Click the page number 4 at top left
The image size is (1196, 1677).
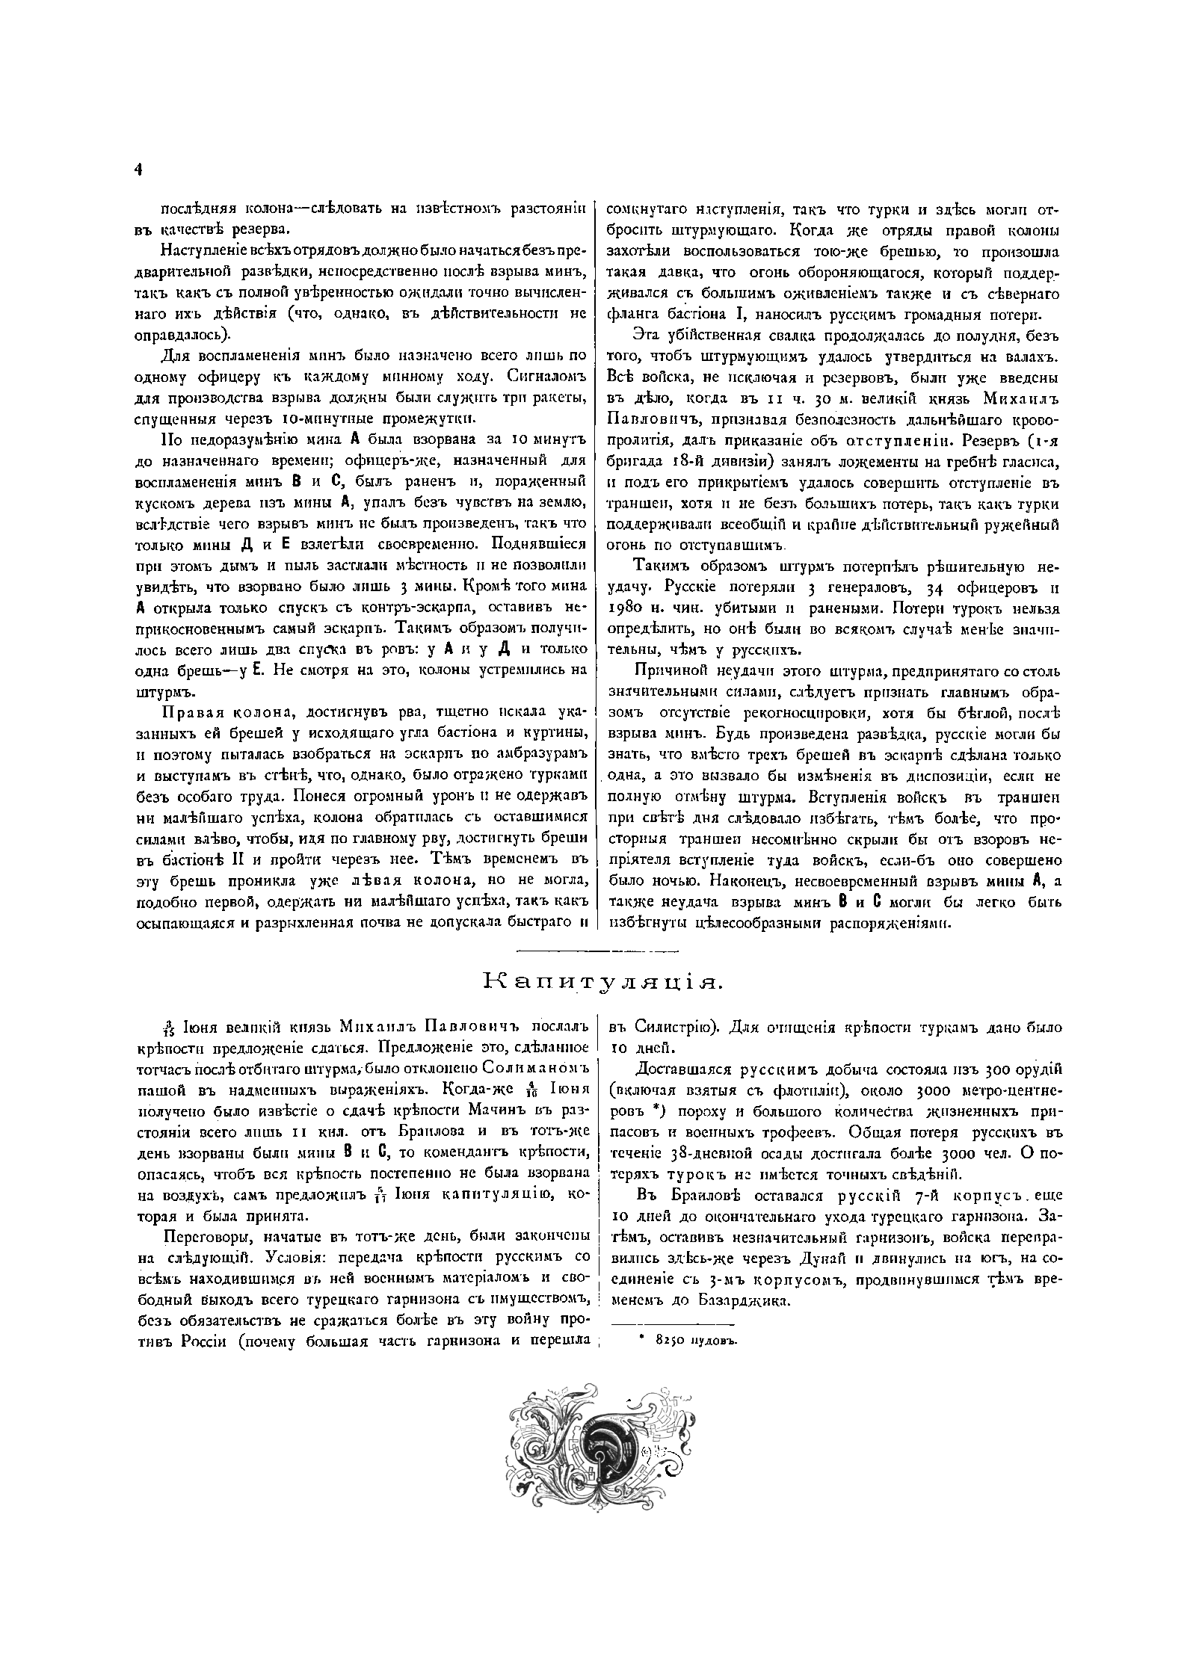coord(138,170)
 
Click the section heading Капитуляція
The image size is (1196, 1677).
coord(604,981)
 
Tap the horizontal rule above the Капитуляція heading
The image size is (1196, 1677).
coord(597,951)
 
